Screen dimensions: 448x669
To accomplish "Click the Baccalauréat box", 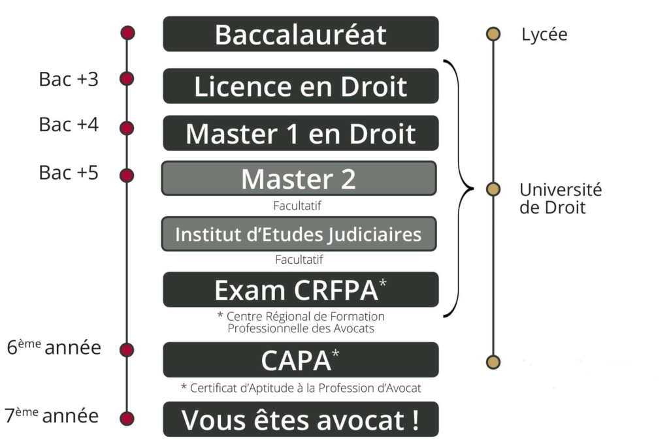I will point(301,34).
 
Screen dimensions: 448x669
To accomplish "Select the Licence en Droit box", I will point(301,86).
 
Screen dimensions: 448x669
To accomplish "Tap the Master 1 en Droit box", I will point(301,133).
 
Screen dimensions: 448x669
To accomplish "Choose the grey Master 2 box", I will point(299,178).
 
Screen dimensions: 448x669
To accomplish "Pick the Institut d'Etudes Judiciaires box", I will point(299,234).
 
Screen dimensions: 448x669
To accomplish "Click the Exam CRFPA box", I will point(301,289).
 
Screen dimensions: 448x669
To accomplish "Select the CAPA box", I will point(301,360).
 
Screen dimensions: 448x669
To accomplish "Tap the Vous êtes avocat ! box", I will point(301,419).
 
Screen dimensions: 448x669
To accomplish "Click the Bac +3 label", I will point(69,79).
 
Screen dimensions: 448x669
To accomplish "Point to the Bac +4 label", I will point(69,124).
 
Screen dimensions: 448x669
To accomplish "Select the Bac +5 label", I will point(69,173).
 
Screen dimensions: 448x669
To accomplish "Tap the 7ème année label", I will point(52,415).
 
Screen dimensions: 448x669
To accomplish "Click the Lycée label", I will point(544,35).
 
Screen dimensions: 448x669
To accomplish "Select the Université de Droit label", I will point(560,199).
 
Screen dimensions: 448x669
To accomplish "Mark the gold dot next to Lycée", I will point(493,34).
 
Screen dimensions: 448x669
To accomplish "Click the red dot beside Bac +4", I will point(127,127).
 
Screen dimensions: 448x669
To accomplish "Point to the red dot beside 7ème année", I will point(127,419).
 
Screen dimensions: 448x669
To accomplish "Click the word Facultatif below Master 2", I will point(298,206).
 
